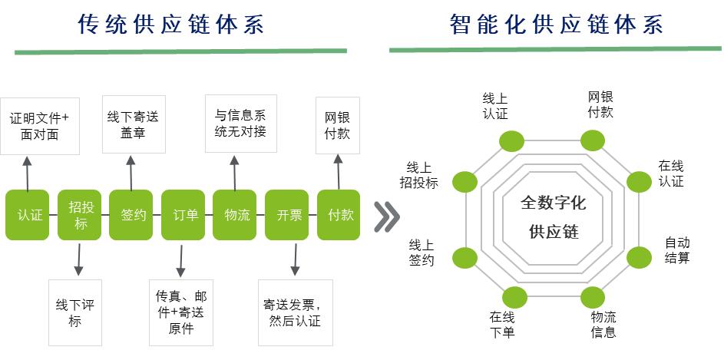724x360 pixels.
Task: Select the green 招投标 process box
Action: (x=79, y=215)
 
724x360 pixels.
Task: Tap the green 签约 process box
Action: (x=132, y=215)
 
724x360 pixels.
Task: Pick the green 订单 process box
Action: (x=183, y=215)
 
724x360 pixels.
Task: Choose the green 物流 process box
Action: (x=235, y=215)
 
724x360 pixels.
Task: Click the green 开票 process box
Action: (x=286, y=215)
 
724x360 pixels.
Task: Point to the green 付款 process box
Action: (x=339, y=215)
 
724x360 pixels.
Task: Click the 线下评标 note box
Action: (x=74, y=312)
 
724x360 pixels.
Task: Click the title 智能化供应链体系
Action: (x=556, y=25)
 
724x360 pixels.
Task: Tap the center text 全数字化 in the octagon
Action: (x=553, y=203)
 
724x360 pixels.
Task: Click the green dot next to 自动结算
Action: (x=640, y=256)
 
